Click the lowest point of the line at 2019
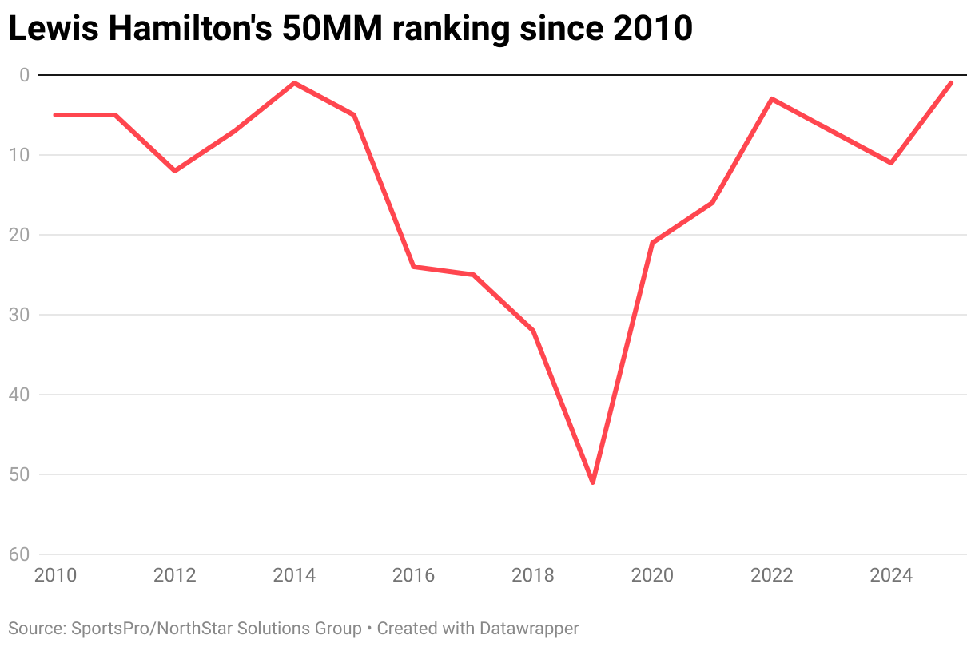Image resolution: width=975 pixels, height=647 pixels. point(593,482)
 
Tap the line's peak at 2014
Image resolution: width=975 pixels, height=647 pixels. point(294,82)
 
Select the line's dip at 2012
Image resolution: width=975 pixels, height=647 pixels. point(175,171)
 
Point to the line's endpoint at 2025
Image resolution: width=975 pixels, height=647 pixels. point(951,82)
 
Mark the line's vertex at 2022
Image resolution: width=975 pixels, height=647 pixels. point(772,99)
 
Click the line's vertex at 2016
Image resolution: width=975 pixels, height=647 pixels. point(413,266)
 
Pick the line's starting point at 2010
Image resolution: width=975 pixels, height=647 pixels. point(56,115)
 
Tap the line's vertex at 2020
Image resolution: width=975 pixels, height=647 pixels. point(652,242)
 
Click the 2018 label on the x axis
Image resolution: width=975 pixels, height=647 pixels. point(533,575)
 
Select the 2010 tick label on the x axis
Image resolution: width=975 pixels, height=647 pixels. point(55,575)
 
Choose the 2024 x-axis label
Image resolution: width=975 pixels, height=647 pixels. point(891,575)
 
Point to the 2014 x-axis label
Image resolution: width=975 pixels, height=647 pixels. point(294,575)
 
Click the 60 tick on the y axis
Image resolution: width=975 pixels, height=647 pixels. point(19,554)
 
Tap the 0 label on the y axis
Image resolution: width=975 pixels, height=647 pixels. point(24,75)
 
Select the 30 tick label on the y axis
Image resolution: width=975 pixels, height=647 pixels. point(19,315)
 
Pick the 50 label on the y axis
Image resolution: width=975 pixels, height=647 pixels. point(19,474)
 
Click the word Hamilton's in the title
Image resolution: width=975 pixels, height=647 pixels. point(190,28)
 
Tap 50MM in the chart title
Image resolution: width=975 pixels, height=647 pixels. point(332,28)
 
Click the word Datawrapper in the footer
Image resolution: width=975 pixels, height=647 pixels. point(529,629)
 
